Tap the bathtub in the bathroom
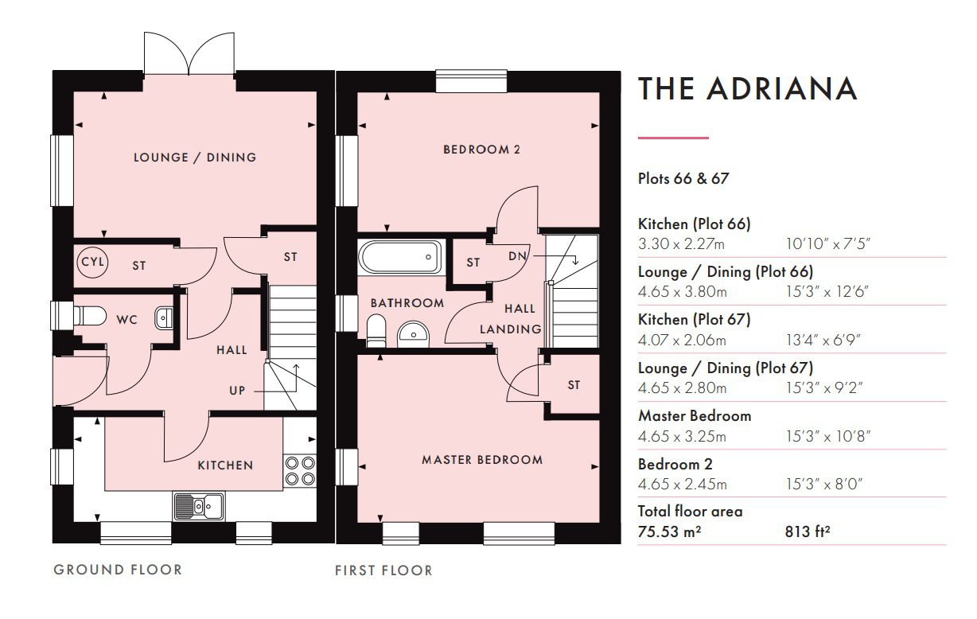[x=399, y=257]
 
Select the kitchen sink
[x=199, y=506]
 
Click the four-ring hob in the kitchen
[x=300, y=471]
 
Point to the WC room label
[x=127, y=320]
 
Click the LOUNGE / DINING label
[x=195, y=158]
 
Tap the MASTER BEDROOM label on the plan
[x=482, y=460]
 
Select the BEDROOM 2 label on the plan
[x=482, y=150]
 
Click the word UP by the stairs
[x=237, y=391]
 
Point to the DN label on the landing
[x=518, y=256]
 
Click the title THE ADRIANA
[x=748, y=88]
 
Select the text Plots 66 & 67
[x=683, y=178]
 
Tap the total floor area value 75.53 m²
[x=670, y=531]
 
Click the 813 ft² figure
[x=808, y=531]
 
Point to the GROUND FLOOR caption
[x=118, y=570]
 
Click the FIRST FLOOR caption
[x=383, y=570]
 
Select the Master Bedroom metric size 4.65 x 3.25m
[x=682, y=436]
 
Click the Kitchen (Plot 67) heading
[x=695, y=320]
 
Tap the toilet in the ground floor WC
[x=89, y=316]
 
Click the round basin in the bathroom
[x=414, y=335]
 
